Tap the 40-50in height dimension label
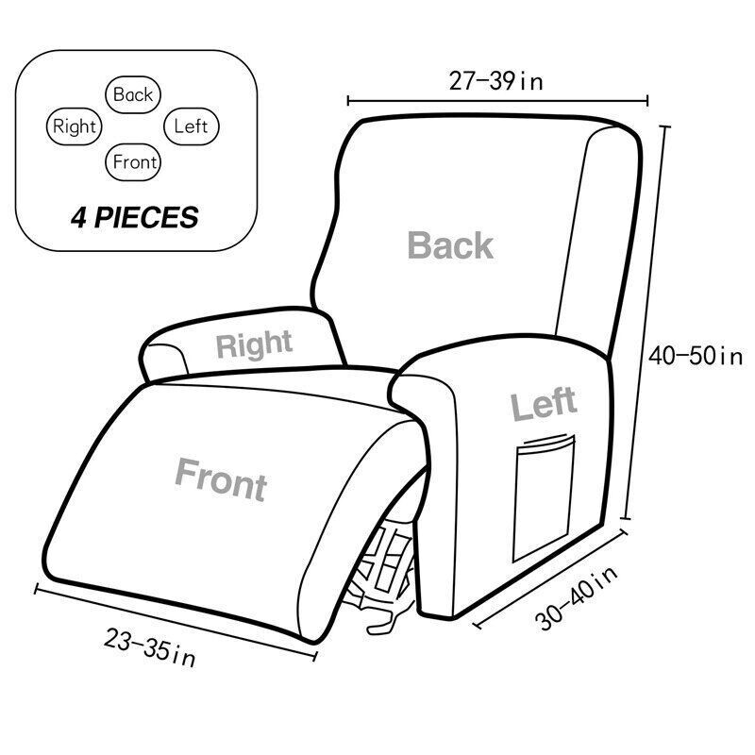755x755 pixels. (x=696, y=357)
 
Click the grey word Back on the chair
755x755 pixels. (x=450, y=245)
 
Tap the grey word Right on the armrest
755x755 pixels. (x=254, y=344)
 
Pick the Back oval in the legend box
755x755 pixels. (x=132, y=93)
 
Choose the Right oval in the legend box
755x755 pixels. (x=74, y=126)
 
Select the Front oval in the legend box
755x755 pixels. (x=134, y=161)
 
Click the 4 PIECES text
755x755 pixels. (x=134, y=218)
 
